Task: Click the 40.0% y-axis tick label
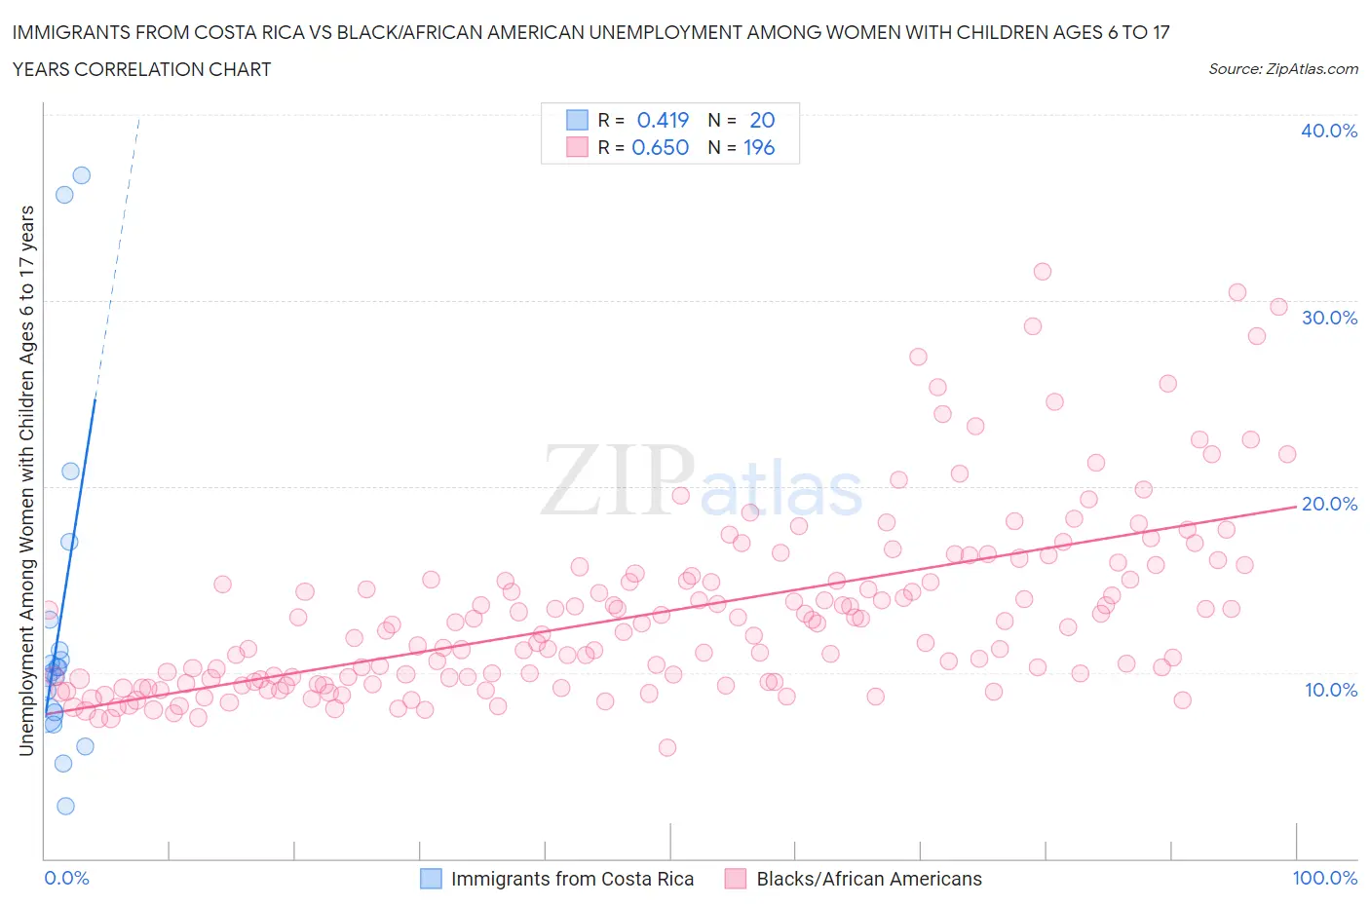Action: coord(1328,131)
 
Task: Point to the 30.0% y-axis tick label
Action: coord(1329,318)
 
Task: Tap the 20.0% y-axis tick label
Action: coord(1329,504)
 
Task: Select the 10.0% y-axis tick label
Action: coord(1330,690)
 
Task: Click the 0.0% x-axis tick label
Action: coord(66,878)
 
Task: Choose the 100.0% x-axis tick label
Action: coord(1324,878)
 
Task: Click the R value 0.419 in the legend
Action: coord(663,120)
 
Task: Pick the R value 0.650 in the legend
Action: coord(660,147)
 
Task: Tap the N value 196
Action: coord(759,147)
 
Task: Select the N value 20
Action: coord(762,120)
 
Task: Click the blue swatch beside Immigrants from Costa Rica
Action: coord(431,879)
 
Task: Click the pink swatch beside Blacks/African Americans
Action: coord(736,879)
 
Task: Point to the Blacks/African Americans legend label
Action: coord(869,879)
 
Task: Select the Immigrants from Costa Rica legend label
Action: coord(572,879)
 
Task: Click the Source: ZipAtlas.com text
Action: coord(1282,69)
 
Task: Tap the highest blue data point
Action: coord(82,175)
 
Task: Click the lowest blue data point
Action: coord(65,806)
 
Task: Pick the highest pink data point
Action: coord(1043,272)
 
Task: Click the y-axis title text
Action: coord(27,481)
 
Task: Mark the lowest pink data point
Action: coord(667,747)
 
